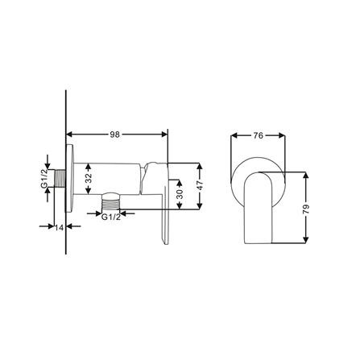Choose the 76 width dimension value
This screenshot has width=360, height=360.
(x=258, y=135)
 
